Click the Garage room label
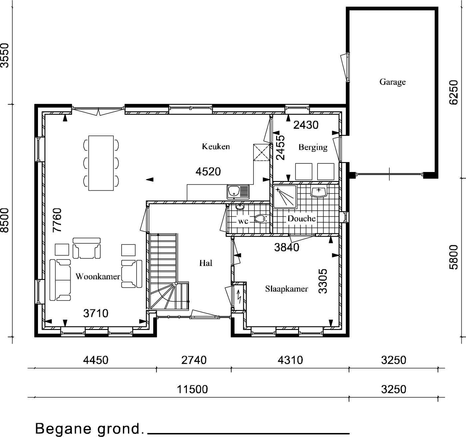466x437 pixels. click(392, 82)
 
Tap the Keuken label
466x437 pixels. click(216, 147)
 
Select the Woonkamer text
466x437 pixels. click(98, 276)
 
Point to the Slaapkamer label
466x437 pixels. click(286, 289)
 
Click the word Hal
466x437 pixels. click(206, 263)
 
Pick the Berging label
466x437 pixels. click(313, 147)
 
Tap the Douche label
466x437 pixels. click(301, 219)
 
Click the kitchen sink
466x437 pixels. click(238, 192)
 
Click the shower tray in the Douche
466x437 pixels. click(285, 197)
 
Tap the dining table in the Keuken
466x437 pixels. click(101, 163)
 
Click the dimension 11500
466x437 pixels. click(192, 389)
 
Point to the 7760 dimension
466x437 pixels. click(57, 220)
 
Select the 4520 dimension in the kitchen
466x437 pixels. click(208, 172)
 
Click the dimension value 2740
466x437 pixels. click(194, 360)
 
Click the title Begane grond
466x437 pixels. click(89, 429)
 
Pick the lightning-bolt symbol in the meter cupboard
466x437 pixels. click(239, 297)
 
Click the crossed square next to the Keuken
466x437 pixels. click(261, 152)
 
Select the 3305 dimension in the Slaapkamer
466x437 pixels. click(323, 281)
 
